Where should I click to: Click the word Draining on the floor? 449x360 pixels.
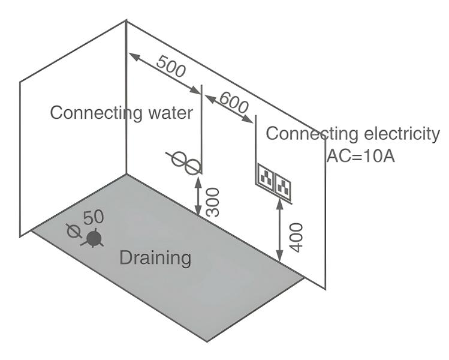155,258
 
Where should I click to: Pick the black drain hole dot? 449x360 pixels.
93,239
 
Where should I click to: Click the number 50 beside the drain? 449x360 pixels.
94,218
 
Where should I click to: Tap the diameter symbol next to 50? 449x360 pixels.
74,230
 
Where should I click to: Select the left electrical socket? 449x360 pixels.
266,178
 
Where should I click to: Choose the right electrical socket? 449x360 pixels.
284,187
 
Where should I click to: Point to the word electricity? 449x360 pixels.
400,134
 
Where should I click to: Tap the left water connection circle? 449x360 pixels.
179,159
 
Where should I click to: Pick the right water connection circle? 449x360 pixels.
191,166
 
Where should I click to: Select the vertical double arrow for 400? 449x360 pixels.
279,230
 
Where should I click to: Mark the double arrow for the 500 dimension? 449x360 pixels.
165,73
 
